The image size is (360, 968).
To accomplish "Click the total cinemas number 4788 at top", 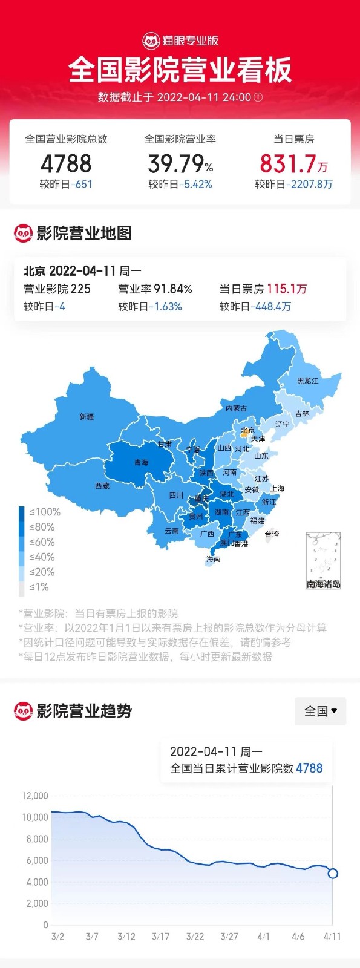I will coord(66,163).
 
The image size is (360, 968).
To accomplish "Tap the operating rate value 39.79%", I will coord(180,163).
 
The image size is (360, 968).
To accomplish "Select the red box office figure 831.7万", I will coord(293,163).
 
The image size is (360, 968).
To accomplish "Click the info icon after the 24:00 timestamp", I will coord(258,97).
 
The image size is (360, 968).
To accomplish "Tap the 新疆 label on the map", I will coord(87,417).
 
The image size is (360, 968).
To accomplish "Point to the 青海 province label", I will coord(141,462).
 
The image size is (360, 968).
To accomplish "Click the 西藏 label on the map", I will coord(102,486).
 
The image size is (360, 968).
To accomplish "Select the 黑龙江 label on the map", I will coord(307,381).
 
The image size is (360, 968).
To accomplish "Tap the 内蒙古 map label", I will coord(236,408).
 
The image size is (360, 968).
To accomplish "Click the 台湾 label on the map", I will coord(272,534).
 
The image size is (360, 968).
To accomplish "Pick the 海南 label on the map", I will coord(213,559).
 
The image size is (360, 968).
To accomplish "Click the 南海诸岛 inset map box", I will coord(323,560).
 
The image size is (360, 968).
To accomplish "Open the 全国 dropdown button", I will coord(320,711).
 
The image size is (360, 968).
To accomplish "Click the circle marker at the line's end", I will coord(332,873).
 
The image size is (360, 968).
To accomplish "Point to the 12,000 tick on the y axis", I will coord(35,796).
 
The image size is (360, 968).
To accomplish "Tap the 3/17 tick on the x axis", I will coord(160,937).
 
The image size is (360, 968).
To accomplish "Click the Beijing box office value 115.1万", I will coord(287,289).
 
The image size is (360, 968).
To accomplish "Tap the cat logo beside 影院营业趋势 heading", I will coord(23,711).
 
